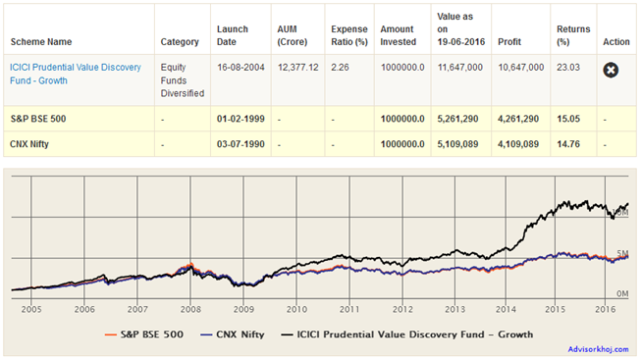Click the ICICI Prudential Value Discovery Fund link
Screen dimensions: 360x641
tap(75, 73)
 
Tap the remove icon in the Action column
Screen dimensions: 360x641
tap(610, 71)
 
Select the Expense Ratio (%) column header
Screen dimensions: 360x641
tap(349, 36)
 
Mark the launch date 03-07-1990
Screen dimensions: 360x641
tap(239, 144)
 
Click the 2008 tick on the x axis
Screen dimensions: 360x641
tap(190, 307)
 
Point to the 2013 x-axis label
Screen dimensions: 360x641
tap(454, 307)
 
